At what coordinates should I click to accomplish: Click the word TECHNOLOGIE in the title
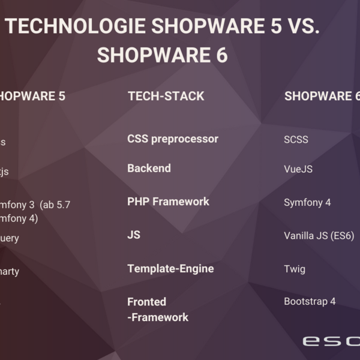[76, 27]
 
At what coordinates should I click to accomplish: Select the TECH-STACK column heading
[166, 96]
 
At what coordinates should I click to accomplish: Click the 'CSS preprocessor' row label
[173, 139]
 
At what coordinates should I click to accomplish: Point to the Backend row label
[149, 169]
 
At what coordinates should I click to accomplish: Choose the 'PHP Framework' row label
[168, 202]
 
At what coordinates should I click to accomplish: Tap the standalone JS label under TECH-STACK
[134, 235]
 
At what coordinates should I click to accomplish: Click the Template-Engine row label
[170, 269]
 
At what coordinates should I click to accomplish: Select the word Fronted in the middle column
[146, 302]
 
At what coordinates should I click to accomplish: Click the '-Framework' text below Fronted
[158, 317]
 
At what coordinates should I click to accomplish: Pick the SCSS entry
[296, 140]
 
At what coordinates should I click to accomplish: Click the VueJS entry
[298, 169]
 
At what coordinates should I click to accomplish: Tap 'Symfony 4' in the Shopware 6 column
[307, 203]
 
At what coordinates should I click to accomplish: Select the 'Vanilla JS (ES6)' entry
[319, 236]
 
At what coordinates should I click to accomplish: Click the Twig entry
[295, 269]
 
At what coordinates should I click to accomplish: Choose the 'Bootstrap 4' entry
[310, 302]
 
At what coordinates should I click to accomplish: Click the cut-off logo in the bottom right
[331, 341]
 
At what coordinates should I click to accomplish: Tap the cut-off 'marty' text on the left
[10, 272]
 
